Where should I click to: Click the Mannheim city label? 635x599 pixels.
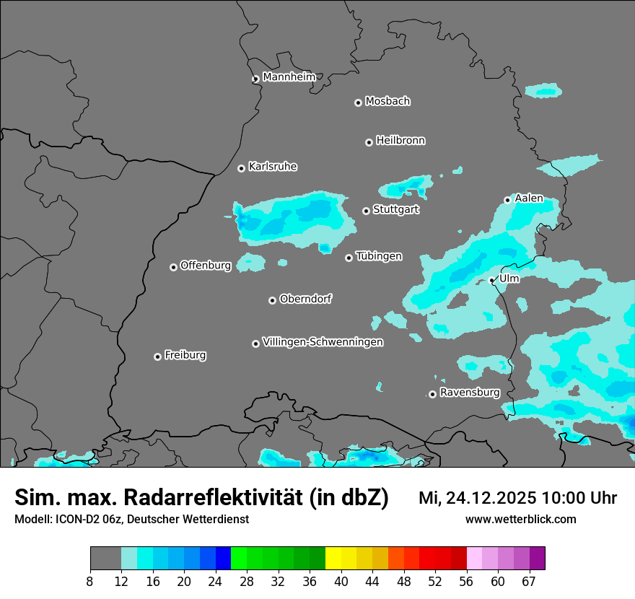pyautogui.click(x=289, y=77)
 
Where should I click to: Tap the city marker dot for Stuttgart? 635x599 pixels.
pyautogui.click(x=367, y=211)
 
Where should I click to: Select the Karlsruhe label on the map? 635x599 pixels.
pyautogui.click(x=273, y=167)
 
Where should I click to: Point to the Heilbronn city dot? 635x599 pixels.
pyautogui.click(x=369, y=142)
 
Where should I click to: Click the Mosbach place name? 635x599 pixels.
pyautogui.click(x=387, y=102)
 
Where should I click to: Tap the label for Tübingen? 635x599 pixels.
pyautogui.click(x=379, y=256)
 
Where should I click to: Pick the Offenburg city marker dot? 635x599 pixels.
pyautogui.click(x=174, y=267)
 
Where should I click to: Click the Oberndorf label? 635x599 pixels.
pyautogui.click(x=306, y=299)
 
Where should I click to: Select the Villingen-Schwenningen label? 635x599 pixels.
pyautogui.click(x=323, y=342)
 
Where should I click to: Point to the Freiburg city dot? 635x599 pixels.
pyautogui.click(x=158, y=357)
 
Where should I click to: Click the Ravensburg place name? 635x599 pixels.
pyautogui.click(x=470, y=393)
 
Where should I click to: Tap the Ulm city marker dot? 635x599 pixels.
pyautogui.click(x=492, y=280)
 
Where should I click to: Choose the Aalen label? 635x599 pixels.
pyautogui.click(x=529, y=198)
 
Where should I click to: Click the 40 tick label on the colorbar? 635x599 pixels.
pyautogui.click(x=341, y=582)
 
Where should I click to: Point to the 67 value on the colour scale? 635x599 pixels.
pyautogui.click(x=529, y=582)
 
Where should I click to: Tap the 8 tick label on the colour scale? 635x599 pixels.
pyautogui.click(x=90, y=582)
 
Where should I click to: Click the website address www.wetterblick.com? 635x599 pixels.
pyautogui.click(x=521, y=520)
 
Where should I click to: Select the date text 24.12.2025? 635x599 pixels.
pyautogui.click(x=490, y=498)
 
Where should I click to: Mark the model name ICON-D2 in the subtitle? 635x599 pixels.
pyautogui.click(x=75, y=520)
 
